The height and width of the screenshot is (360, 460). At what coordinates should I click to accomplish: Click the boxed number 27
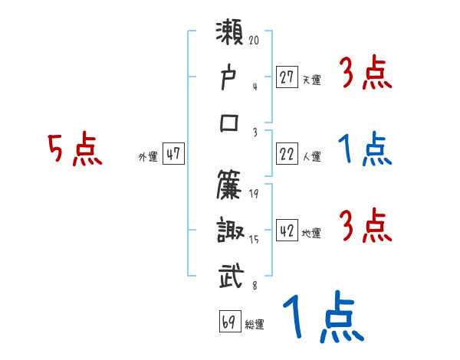pyautogui.click(x=287, y=77)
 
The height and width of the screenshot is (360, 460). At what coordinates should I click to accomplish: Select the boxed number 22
pyautogui.click(x=287, y=155)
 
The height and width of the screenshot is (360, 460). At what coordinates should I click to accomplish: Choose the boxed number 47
pyautogui.click(x=173, y=154)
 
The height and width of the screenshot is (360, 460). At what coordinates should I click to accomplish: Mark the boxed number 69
pyautogui.click(x=229, y=322)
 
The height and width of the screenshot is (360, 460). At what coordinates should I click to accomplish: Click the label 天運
pyautogui.click(x=311, y=79)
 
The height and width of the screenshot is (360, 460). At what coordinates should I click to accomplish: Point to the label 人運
pyautogui.click(x=311, y=157)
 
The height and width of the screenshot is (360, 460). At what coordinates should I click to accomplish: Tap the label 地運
pyautogui.click(x=311, y=234)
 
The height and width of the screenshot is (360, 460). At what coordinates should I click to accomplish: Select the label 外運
pyautogui.click(x=147, y=156)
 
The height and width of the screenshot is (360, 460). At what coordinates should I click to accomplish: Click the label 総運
pyautogui.click(x=255, y=325)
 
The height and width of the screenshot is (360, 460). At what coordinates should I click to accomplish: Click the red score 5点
pyautogui.click(x=75, y=149)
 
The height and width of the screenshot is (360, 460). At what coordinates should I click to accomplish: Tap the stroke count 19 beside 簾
pyautogui.click(x=255, y=192)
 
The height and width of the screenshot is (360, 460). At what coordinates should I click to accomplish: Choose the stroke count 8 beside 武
pyautogui.click(x=255, y=286)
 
